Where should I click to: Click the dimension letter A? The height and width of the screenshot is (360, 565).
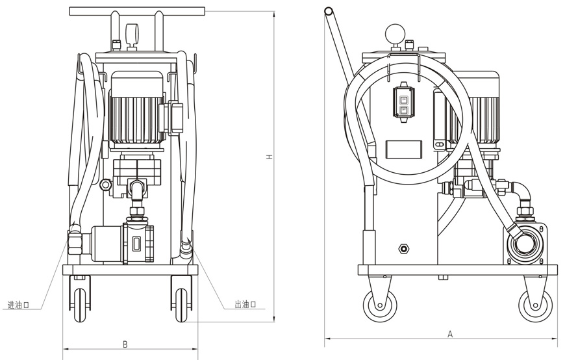[449, 333]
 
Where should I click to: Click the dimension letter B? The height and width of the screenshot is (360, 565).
[125, 344]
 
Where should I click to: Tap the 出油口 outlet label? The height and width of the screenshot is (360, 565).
[245, 305]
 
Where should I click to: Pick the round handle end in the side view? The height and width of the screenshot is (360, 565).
[329, 11]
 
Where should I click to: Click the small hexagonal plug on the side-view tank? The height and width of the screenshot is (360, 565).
[404, 248]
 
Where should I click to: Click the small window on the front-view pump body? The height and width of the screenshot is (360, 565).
[137, 244]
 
